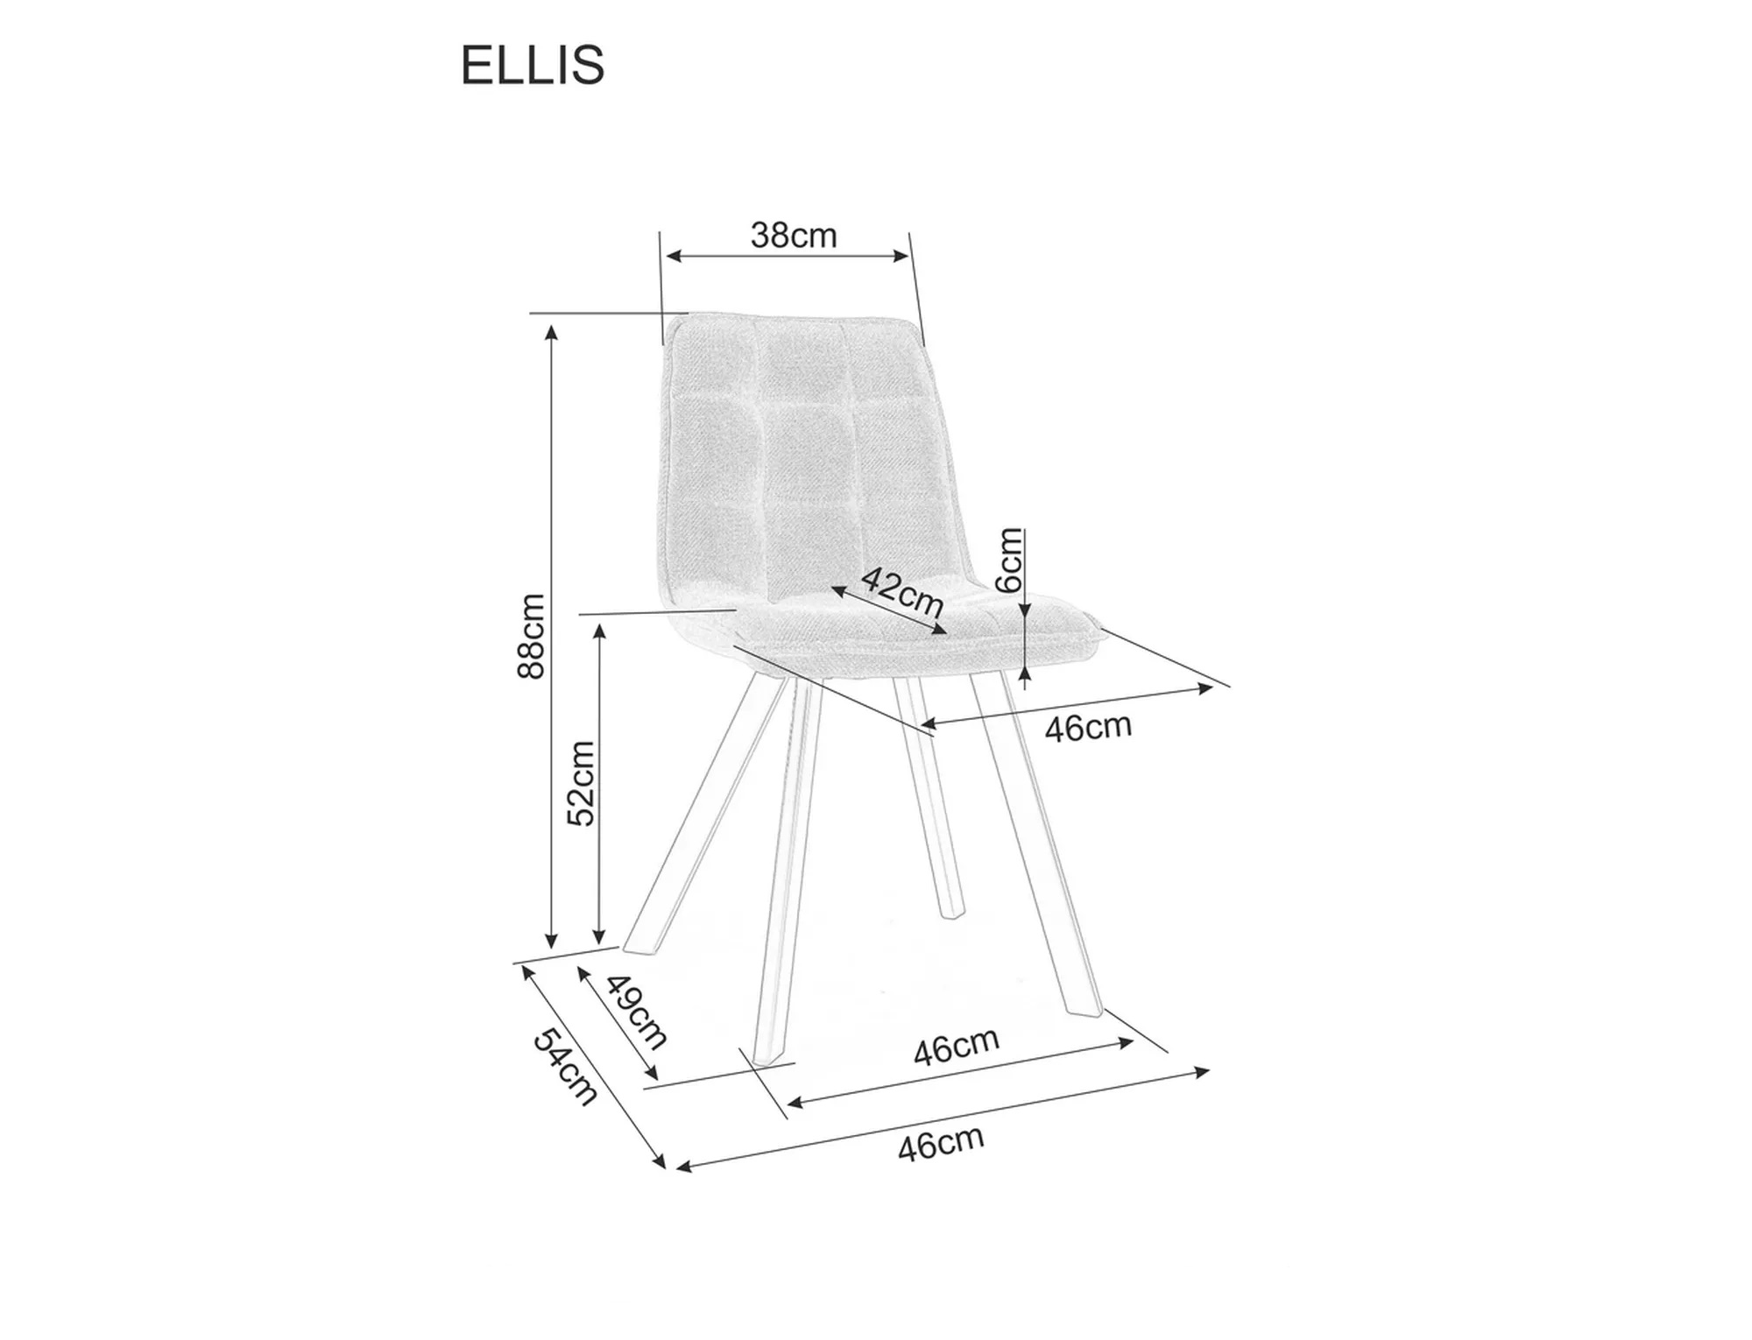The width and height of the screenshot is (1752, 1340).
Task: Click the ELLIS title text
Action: [533, 65]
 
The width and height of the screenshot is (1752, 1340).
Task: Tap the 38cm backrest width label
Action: [794, 236]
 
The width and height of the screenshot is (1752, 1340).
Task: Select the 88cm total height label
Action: [532, 636]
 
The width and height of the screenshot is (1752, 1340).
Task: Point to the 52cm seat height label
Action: [581, 783]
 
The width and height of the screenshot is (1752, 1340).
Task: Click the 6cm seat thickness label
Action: [1010, 561]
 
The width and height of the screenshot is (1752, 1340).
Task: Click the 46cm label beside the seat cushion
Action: [1088, 727]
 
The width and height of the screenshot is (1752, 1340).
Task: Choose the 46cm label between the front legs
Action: [956, 1046]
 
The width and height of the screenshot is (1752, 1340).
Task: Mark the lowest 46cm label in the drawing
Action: [941, 1144]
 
